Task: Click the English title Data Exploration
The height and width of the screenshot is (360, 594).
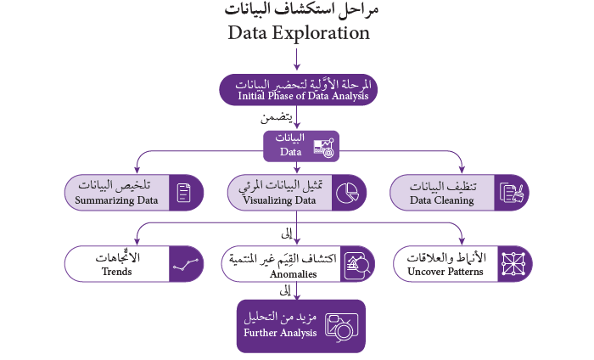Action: pyautogui.click(x=298, y=33)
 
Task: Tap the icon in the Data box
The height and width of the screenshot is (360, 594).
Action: pyautogui.click(x=323, y=147)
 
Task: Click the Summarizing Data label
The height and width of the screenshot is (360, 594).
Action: pyautogui.click(x=117, y=200)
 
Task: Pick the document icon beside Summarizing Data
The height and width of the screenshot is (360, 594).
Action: pyautogui.click(x=184, y=192)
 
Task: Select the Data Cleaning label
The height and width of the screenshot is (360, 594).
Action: pyautogui.click(x=441, y=200)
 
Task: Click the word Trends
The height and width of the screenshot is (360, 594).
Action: pyautogui.click(x=116, y=273)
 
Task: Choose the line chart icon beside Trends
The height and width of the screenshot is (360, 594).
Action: pyautogui.click(x=185, y=264)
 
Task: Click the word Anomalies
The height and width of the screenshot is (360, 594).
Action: pyautogui.click(x=293, y=273)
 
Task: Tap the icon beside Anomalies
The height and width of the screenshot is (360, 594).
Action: pyautogui.click(x=357, y=264)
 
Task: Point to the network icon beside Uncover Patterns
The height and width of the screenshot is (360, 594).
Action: pyautogui.click(x=513, y=263)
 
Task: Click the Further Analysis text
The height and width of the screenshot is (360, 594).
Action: pyautogui.click(x=280, y=333)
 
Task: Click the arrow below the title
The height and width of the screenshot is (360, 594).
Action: pyautogui.click(x=297, y=59)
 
